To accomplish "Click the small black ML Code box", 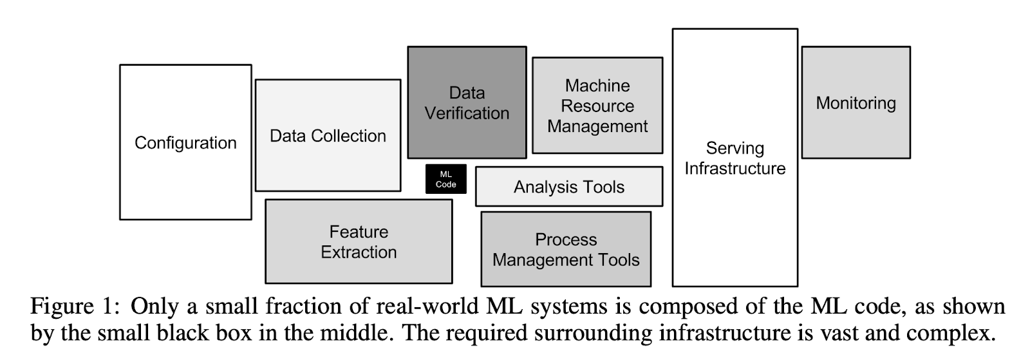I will pyautogui.click(x=445, y=179).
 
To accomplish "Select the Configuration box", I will pyautogui.click(x=185, y=142).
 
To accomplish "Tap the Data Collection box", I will pyautogui.click(x=328, y=136).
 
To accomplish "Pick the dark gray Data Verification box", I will pyautogui.click(x=467, y=102).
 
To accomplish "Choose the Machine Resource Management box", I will pyautogui.click(x=597, y=106).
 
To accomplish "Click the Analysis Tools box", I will pyautogui.click(x=569, y=187).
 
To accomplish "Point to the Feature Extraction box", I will pyautogui.click(x=359, y=242).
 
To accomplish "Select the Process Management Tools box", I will pyautogui.click(x=566, y=249).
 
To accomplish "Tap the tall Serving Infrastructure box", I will pyautogui.click(x=735, y=158).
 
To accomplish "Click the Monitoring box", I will pyautogui.click(x=856, y=103).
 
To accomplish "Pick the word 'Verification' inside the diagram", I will pyautogui.click(x=467, y=113).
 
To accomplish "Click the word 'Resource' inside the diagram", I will pyautogui.click(x=597, y=106).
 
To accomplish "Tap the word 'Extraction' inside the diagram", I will pyautogui.click(x=359, y=252).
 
